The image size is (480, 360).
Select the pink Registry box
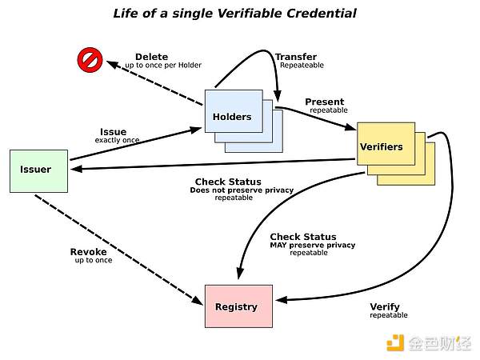tap(238, 306)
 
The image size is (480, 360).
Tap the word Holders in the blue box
tap(232, 117)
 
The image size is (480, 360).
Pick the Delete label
tap(151, 57)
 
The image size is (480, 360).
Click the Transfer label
tap(295, 57)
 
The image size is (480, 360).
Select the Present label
tap(325, 102)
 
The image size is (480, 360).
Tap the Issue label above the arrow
tap(113, 132)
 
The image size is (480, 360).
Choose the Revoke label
tap(89, 252)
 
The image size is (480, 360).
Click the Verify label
tap(385, 306)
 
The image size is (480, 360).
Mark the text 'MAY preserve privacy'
tap(313, 245)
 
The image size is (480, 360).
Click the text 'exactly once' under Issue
tap(117, 141)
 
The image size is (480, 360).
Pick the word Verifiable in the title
tap(230, 14)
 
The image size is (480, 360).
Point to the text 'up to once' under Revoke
tap(94, 261)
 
